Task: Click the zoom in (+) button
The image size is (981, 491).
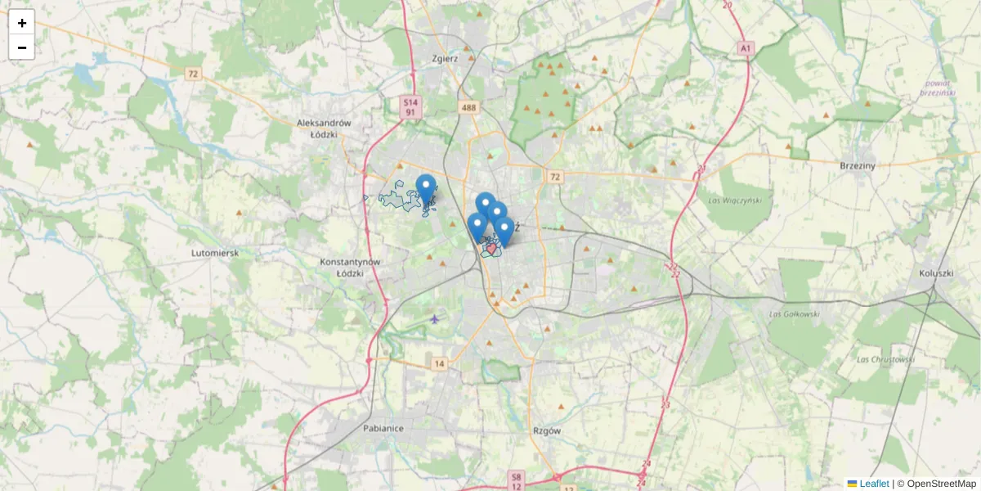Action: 22,23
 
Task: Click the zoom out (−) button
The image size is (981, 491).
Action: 22,47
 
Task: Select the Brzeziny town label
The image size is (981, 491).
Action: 858,165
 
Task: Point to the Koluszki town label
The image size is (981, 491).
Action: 936,273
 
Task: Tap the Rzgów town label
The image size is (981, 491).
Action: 545,431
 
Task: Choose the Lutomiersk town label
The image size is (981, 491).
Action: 215,254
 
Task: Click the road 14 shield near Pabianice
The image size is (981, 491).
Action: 440,364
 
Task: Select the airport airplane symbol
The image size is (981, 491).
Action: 434,319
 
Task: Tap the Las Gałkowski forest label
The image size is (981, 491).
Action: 794,313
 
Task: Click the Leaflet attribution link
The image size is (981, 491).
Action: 873,484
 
